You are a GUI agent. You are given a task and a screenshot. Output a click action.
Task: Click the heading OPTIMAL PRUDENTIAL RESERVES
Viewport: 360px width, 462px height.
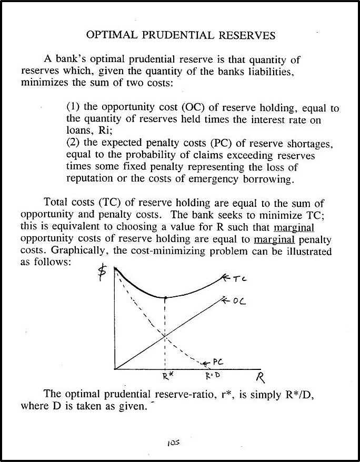[181, 36]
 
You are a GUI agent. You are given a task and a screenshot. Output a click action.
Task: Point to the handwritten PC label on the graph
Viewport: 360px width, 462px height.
[219, 363]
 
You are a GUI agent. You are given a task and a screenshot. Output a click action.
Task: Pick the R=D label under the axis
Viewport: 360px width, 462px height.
[212, 377]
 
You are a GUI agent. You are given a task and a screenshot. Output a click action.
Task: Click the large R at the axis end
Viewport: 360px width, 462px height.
[259, 378]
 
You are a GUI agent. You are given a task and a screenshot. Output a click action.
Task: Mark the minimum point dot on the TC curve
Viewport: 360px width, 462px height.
[166, 298]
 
